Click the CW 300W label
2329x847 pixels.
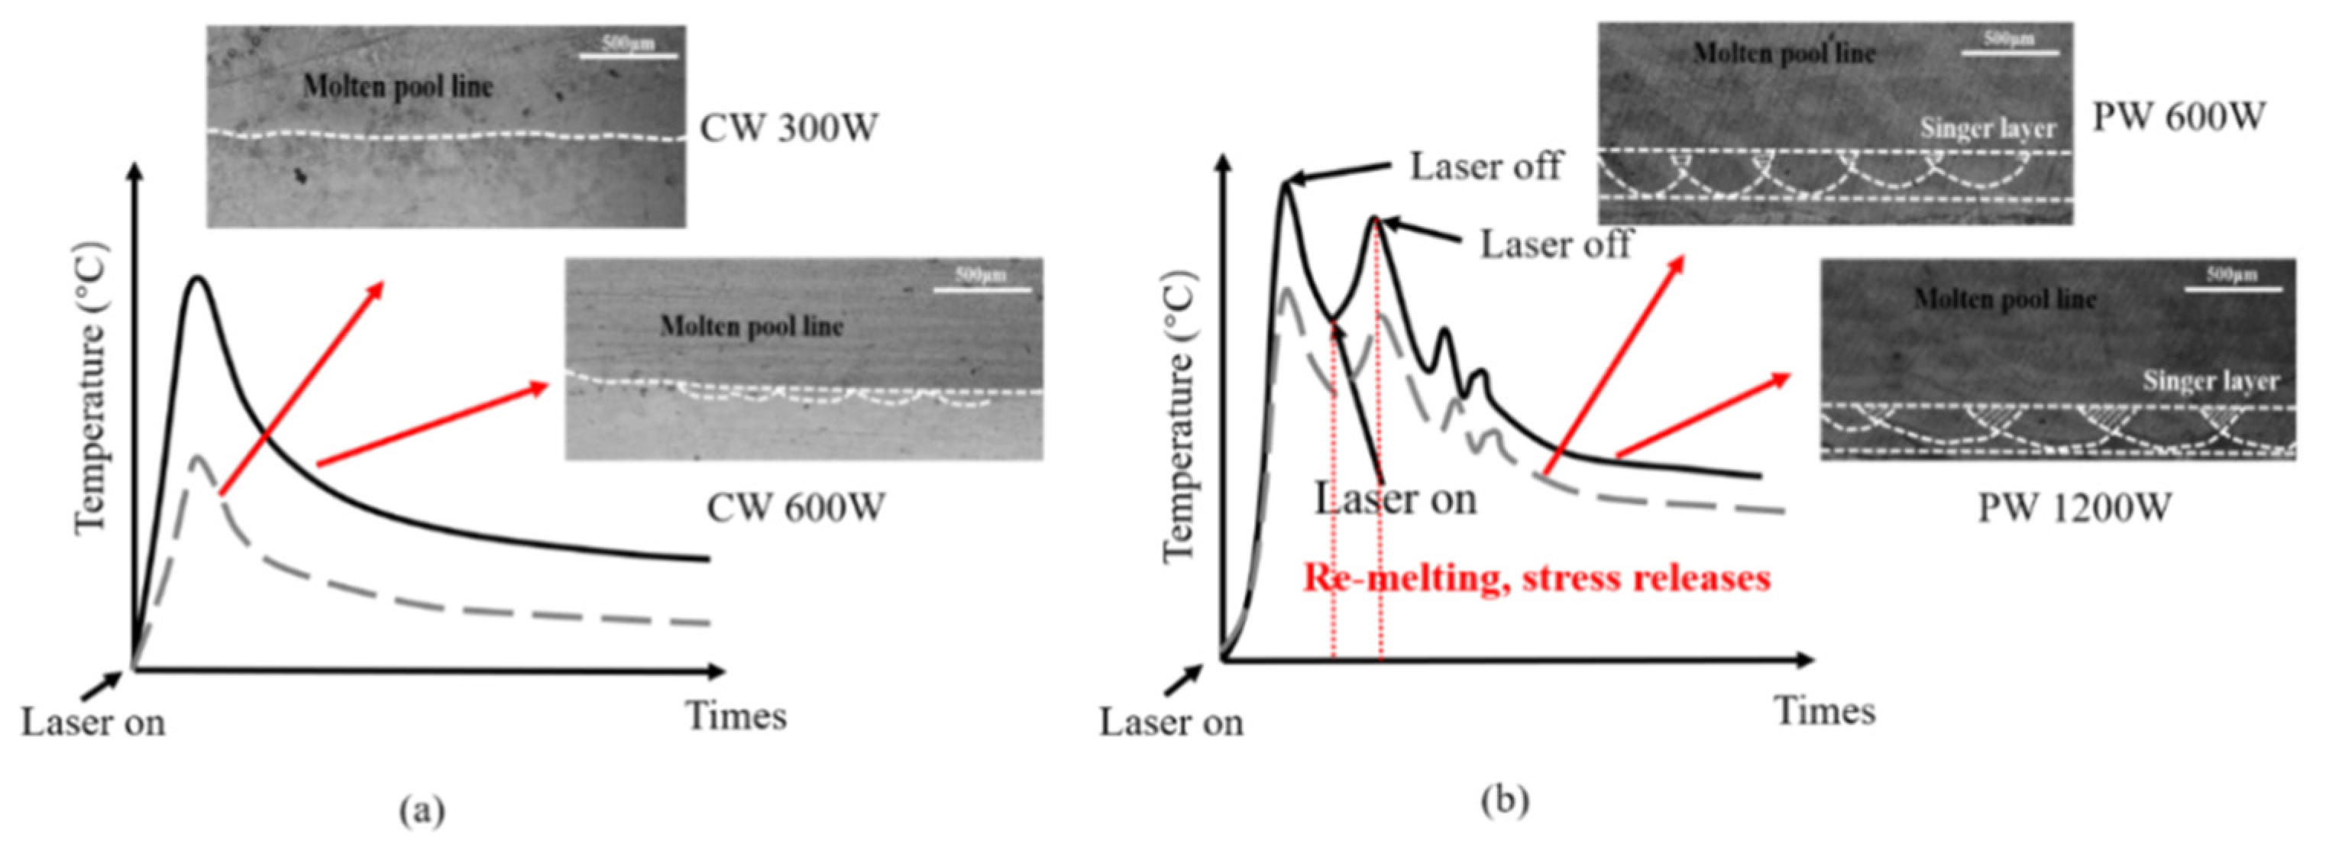(x=788, y=128)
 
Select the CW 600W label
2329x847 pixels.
(x=794, y=508)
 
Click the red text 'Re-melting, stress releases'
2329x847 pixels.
(x=1536, y=577)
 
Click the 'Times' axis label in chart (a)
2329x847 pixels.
(x=736, y=716)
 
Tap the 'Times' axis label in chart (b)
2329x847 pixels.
(x=1825, y=710)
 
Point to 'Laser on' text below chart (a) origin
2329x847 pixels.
(x=93, y=723)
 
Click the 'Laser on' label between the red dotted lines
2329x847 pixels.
(x=1395, y=499)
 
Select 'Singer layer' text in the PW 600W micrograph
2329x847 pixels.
(x=1986, y=129)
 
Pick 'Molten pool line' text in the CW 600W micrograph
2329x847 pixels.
(x=752, y=325)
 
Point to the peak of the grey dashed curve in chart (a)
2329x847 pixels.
(x=197, y=457)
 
